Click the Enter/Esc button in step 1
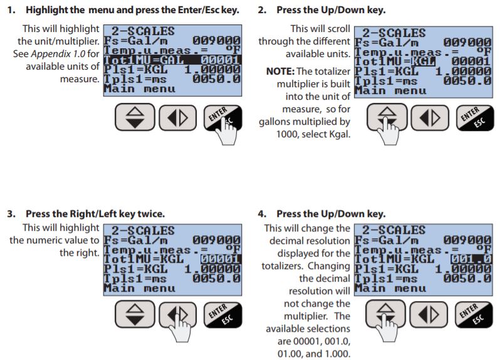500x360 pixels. click(x=222, y=118)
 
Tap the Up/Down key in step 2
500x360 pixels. click(x=387, y=117)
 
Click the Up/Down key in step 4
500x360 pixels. click(x=385, y=314)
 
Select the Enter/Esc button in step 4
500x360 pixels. click(x=474, y=314)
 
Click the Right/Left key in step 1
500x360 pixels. click(x=177, y=118)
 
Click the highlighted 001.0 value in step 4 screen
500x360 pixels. click(x=471, y=259)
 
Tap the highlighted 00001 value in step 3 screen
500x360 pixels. click(x=221, y=259)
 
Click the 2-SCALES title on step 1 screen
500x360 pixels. click(x=143, y=31)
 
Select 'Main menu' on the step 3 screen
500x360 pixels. click(x=139, y=289)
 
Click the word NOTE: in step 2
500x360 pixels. click(x=280, y=71)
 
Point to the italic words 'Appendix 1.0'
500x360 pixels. click(x=58, y=53)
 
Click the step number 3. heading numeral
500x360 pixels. click(x=11, y=213)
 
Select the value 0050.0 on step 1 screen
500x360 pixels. click(x=216, y=79)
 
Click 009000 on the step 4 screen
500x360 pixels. click(x=467, y=240)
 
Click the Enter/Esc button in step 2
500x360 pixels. click(x=475, y=118)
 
